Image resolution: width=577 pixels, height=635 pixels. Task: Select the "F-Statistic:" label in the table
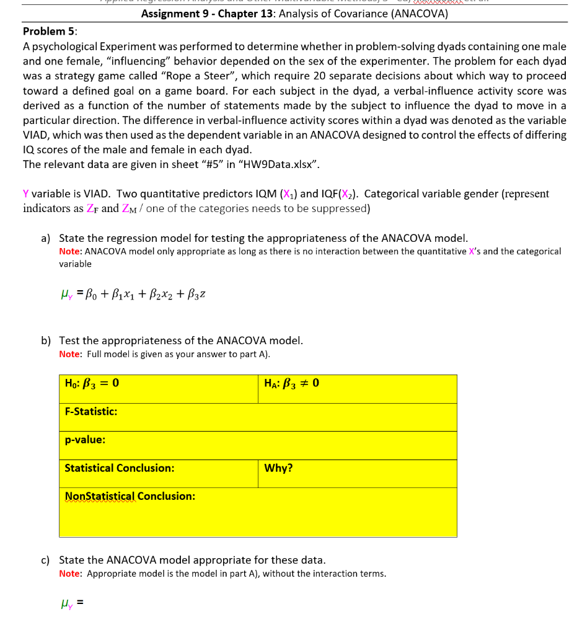tap(91, 412)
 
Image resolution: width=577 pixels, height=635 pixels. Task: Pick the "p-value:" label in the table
tap(85, 440)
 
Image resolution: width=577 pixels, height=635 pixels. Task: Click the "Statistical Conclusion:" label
tap(119, 468)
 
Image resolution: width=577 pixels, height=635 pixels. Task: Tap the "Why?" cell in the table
tap(278, 468)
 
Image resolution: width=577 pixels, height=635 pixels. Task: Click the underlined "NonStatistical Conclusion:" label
tap(130, 496)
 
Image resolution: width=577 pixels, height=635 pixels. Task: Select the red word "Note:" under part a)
tap(70, 252)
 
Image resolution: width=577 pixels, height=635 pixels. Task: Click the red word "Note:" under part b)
tap(70, 354)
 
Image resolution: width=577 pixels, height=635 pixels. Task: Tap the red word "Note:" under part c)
tap(70, 574)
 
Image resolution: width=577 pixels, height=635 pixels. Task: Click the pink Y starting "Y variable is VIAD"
tap(26, 194)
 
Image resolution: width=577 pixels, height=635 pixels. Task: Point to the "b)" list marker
tap(46, 340)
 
